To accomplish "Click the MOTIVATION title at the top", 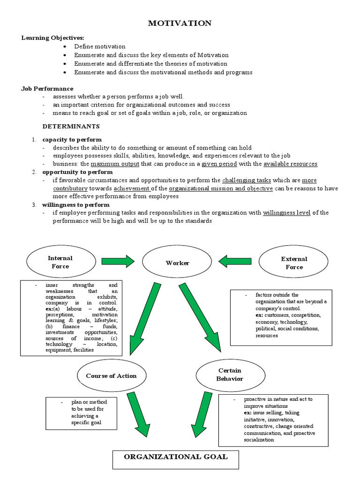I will (180, 23).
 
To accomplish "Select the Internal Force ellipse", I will (60, 262).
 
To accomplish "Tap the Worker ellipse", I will (177, 263).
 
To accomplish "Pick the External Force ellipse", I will (294, 262).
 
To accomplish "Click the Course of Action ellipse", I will (111, 376).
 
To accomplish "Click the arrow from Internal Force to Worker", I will (118, 261).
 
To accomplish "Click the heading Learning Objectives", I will (53, 37).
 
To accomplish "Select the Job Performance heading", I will (47, 88).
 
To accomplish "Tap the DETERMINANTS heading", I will (71, 126).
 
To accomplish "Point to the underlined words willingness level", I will (286, 212).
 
